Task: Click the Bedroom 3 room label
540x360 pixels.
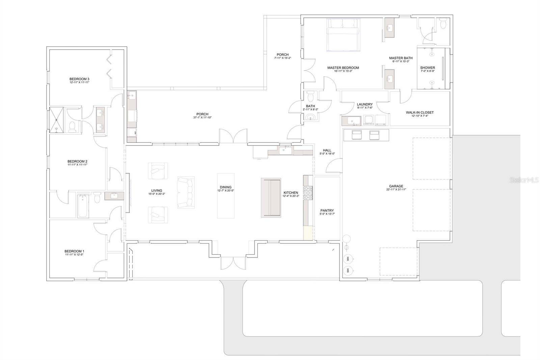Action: pos(79,79)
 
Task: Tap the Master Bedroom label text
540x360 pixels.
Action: pos(343,68)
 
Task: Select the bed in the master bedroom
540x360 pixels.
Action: pos(343,35)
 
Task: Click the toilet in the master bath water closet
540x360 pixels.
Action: pos(443,25)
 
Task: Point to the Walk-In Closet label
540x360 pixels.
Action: pos(420,112)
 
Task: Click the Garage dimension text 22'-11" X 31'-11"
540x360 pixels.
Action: pos(396,190)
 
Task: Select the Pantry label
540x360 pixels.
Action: pos(327,210)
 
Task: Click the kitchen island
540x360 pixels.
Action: pos(271,198)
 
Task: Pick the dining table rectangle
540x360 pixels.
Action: pos(226,196)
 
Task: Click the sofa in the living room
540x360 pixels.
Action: pos(186,192)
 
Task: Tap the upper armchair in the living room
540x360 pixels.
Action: pos(158,171)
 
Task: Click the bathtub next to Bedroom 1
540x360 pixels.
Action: pos(83,206)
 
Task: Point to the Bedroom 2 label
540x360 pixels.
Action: pos(77,161)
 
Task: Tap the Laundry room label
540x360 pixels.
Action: pos(364,104)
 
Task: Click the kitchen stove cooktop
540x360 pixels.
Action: pos(308,194)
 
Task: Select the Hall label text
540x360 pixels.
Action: pos(327,150)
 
